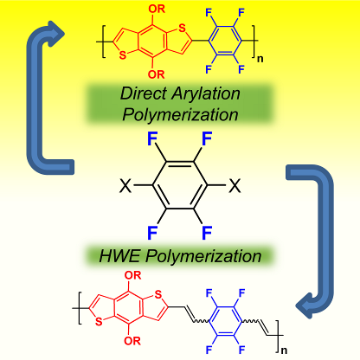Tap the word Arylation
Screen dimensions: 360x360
pyautogui.click(x=206, y=94)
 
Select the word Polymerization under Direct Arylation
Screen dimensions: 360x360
pyautogui.click(x=180, y=114)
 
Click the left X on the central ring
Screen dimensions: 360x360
pyautogui.click(x=125, y=185)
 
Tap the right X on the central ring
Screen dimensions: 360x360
pyautogui.click(x=235, y=185)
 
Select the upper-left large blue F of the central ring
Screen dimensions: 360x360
pyautogui.click(x=152, y=138)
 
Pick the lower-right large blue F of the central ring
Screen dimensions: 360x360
pyautogui.click(x=207, y=233)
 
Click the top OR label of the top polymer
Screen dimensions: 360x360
pyautogui.click(x=157, y=10)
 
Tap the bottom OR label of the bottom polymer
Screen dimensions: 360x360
pyautogui.click(x=132, y=341)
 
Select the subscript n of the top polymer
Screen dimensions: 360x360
pyautogui.click(x=260, y=59)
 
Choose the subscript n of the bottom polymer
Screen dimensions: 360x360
pyautogui.click(x=284, y=350)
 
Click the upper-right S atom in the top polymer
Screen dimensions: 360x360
pyautogui.click(x=182, y=29)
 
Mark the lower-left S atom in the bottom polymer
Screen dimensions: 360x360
pyautogui.click(x=99, y=321)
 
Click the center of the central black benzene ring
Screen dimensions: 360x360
pyautogui.click(x=180, y=185)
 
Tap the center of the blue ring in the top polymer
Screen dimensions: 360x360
pyautogui.click(x=224, y=41)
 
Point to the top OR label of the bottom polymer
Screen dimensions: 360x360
pyautogui.click(x=133, y=275)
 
